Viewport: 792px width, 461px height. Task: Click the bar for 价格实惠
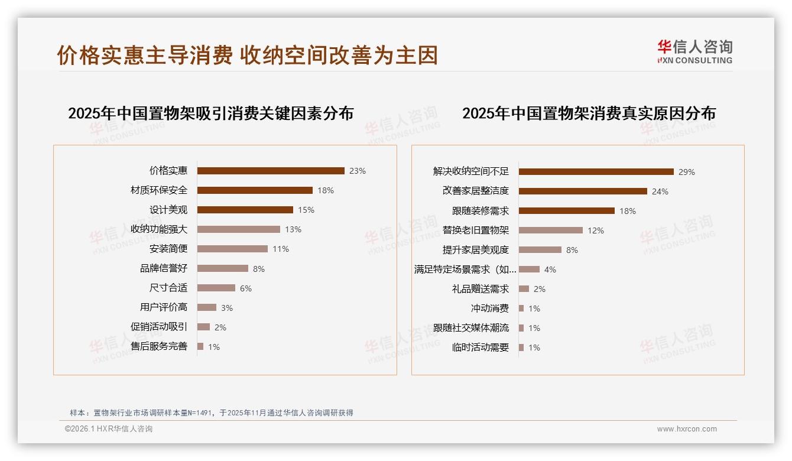click(x=271, y=171)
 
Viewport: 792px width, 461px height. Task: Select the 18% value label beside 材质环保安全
click(x=326, y=190)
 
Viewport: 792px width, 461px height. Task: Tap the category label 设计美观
click(x=168, y=210)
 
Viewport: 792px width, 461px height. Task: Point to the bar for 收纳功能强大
click(x=239, y=229)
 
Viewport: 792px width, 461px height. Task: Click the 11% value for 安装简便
click(x=281, y=249)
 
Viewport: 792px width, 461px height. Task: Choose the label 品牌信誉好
click(x=164, y=268)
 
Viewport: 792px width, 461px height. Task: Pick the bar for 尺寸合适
click(x=216, y=288)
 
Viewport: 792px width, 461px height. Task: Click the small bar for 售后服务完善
click(x=200, y=346)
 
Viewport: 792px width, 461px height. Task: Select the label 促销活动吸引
click(x=159, y=327)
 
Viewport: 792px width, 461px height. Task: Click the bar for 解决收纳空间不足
click(x=596, y=172)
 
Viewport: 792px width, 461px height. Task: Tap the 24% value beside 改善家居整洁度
click(x=660, y=191)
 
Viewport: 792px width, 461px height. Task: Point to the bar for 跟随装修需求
click(x=567, y=211)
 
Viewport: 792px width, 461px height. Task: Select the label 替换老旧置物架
click(x=476, y=230)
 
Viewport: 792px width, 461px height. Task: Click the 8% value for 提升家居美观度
click(x=572, y=250)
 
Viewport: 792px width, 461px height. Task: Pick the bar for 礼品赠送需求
click(x=524, y=289)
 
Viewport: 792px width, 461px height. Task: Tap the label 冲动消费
click(x=490, y=309)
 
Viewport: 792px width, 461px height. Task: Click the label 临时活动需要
click(x=481, y=348)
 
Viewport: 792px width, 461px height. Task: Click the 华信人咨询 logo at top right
click(x=694, y=51)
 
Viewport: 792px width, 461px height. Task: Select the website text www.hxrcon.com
click(x=687, y=429)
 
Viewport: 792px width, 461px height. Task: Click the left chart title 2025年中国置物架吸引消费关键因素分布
click(x=211, y=113)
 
